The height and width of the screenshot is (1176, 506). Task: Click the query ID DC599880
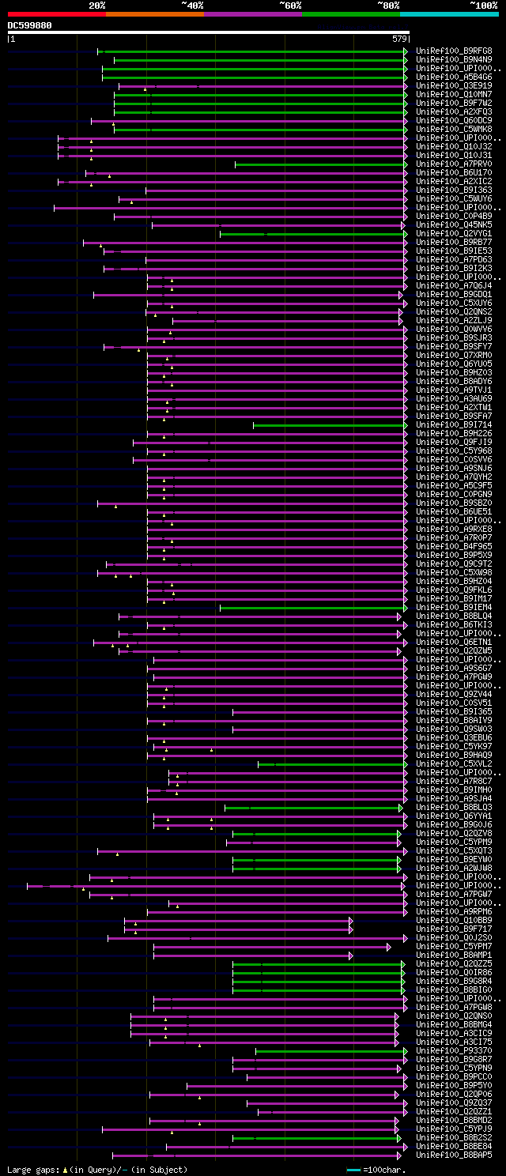(x=30, y=25)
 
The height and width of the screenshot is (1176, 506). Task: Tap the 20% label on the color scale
(x=97, y=6)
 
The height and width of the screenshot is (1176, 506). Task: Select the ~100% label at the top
(x=483, y=6)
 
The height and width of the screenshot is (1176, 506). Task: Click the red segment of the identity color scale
(x=56, y=14)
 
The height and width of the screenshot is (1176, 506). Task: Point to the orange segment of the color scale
(x=154, y=14)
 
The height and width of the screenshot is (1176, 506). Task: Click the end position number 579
(x=399, y=38)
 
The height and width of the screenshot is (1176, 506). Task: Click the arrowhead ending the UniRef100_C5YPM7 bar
(x=389, y=947)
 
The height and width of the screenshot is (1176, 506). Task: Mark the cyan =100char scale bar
(x=353, y=1170)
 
